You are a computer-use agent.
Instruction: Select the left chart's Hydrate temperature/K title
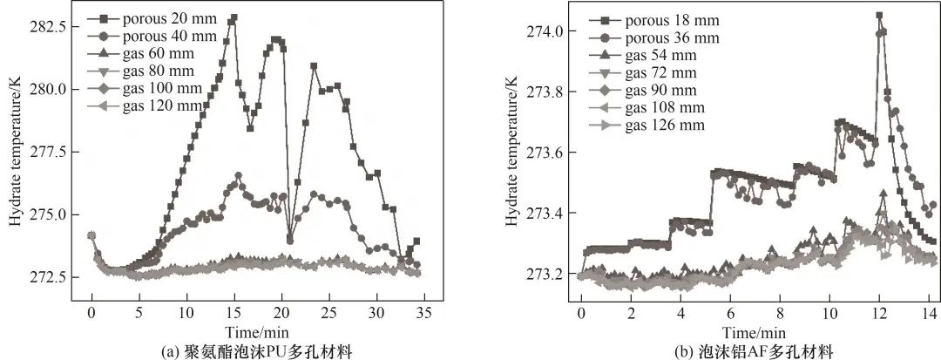click(15, 153)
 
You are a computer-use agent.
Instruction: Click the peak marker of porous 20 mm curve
click(233, 17)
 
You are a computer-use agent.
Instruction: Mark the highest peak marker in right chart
click(879, 16)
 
